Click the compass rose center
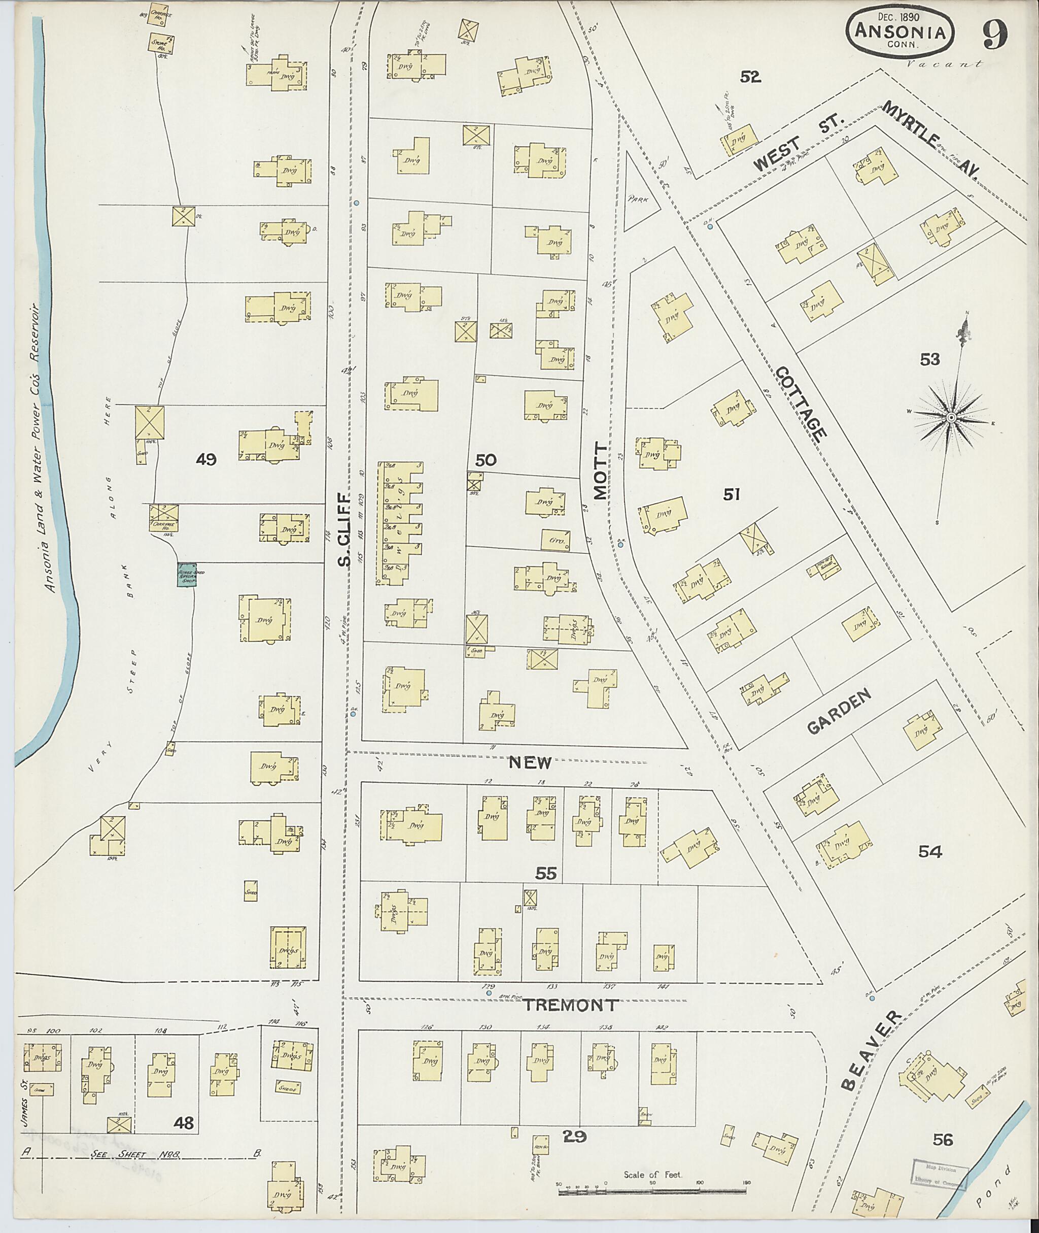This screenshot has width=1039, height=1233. point(950,418)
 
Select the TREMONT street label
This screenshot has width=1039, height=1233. point(570,1006)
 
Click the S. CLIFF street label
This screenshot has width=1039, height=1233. point(345,529)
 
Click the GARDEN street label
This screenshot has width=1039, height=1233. point(838,712)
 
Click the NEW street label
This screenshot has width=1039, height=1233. point(530,762)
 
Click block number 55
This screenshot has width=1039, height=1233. point(545,873)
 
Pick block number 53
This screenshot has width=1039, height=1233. point(929,359)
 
